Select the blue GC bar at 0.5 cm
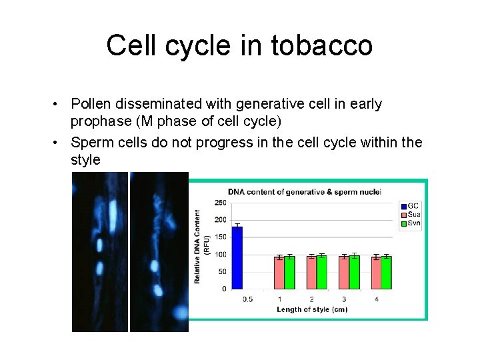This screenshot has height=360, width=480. click(x=237, y=258)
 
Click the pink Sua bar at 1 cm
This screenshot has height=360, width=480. click(x=279, y=273)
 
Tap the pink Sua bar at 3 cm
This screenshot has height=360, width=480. click(x=344, y=273)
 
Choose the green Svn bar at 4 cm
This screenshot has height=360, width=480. click(x=387, y=273)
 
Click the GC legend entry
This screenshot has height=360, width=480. click(x=411, y=205)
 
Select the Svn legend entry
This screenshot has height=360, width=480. click(x=411, y=223)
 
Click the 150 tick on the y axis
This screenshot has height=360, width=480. click(x=219, y=237)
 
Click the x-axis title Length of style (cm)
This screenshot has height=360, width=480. click(x=312, y=309)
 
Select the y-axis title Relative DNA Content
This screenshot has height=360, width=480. click(x=198, y=246)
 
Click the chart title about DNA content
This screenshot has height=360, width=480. click(x=304, y=192)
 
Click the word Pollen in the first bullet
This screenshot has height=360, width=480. click(x=91, y=104)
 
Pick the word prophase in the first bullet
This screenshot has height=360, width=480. click(x=99, y=121)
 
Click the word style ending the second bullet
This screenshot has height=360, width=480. click(x=85, y=159)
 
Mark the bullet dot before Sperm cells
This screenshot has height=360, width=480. click(x=59, y=143)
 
